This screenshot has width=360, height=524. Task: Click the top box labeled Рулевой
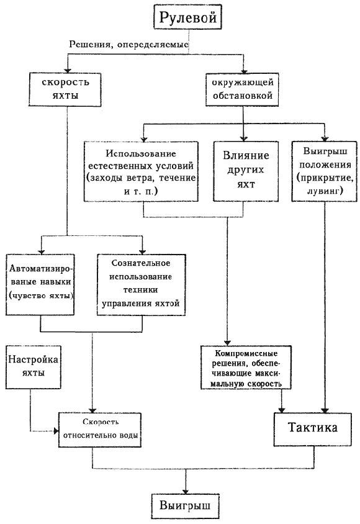(x=187, y=17)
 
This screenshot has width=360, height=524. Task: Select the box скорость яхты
(x=65, y=89)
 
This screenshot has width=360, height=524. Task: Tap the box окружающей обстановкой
(x=242, y=89)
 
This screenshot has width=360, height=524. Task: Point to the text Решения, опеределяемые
(x=129, y=45)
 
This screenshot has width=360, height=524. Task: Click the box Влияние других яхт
(x=246, y=171)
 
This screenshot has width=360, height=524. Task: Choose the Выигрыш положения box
(x=325, y=171)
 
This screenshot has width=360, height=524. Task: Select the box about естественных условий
(x=141, y=171)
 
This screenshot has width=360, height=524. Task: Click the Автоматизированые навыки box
(x=40, y=284)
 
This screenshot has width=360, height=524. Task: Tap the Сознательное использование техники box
(x=142, y=284)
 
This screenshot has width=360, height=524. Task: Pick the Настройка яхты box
(x=33, y=367)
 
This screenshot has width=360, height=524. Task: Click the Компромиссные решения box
(x=246, y=367)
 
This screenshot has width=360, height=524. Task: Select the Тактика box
(x=312, y=429)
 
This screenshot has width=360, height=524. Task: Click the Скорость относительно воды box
(x=100, y=430)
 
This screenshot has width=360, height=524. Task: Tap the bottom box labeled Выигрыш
(x=185, y=505)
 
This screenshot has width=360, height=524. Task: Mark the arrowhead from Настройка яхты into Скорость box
(x=56, y=431)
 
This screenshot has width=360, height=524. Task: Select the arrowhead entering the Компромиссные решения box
(x=227, y=343)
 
